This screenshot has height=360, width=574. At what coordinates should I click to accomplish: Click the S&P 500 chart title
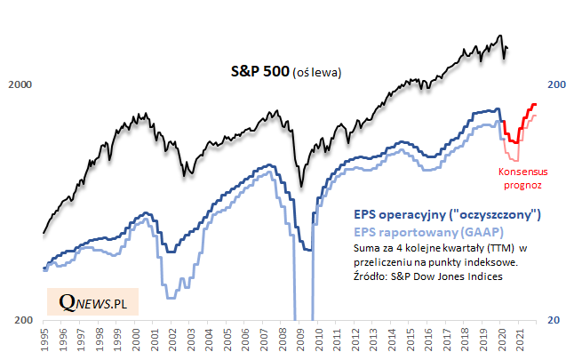pyautogui.click(x=254, y=72)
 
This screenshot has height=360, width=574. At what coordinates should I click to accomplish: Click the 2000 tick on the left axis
pyautogui.click(x=20, y=85)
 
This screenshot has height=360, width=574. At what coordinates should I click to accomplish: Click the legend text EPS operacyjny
pyautogui.click(x=447, y=215)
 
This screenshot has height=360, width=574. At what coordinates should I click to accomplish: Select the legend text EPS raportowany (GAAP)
pyautogui.click(x=417, y=231)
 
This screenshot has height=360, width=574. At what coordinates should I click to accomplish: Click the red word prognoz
pyautogui.click(x=522, y=185)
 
